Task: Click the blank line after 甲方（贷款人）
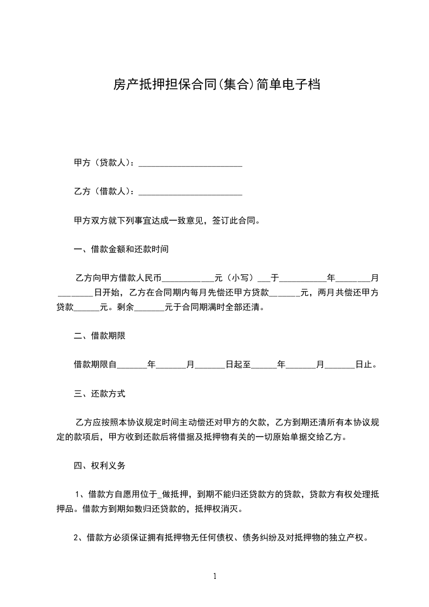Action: tap(190, 163)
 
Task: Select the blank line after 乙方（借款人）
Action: tap(190, 192)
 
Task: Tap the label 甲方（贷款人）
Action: tap(103, 163)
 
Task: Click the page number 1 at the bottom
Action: tap(215, 576)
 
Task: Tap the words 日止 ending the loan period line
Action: tap(364, 365)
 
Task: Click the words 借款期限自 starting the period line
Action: tap(95, 365)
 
